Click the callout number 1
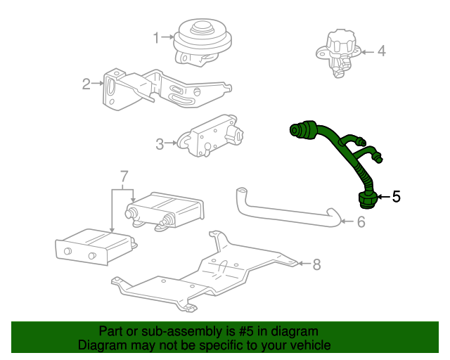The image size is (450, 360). point(157,36)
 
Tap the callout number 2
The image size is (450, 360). point(86,85)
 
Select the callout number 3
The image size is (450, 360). point(160,144)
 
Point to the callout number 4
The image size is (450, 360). point(381,51)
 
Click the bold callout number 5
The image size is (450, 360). point(396,197)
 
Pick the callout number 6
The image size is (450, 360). point(361,222)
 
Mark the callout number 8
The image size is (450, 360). point(316,264)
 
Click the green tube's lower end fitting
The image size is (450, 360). point(367,200)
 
